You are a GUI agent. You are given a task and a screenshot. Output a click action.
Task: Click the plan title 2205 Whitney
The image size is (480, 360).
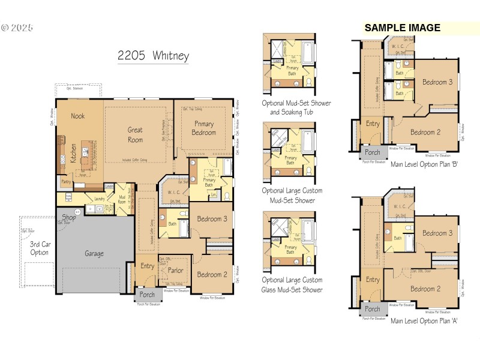[153, 56]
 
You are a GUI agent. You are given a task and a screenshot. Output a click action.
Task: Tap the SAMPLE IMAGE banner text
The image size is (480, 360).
[402, 28]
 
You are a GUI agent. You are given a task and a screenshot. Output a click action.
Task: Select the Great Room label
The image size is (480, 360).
[135, 134]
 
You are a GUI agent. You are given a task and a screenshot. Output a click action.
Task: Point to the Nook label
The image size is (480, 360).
[78, 116]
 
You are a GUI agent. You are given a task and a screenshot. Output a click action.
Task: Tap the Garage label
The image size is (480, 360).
[94, 253]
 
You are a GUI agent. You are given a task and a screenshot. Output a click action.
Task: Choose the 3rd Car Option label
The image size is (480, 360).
[40, 248]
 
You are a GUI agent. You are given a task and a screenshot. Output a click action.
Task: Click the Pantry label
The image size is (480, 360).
[66, 181]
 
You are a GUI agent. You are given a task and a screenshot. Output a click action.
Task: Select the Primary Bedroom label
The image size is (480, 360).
[204, 128]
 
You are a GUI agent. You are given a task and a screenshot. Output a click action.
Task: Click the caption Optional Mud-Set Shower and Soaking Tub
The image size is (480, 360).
[296, 107]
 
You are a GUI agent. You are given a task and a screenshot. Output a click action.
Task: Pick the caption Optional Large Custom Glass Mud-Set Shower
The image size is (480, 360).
[292, 285]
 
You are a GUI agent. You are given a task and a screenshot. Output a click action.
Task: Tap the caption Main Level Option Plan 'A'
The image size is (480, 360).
[424, 321]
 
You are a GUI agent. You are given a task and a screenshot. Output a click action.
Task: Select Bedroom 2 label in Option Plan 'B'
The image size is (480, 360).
[426, 133]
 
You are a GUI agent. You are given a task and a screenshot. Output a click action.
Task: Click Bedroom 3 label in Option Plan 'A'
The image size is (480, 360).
[437, 233]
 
